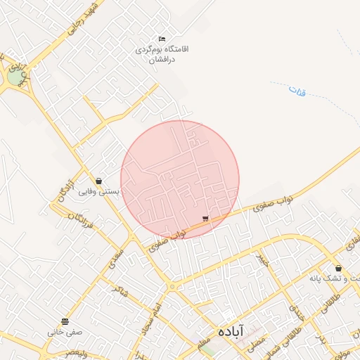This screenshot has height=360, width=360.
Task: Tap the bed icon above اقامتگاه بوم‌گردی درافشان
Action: click(162, 39)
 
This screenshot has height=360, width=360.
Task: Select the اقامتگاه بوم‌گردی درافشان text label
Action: click(162, 55)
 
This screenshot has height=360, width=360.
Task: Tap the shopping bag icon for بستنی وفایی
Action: click(98, 181)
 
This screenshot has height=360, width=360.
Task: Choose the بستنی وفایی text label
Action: click(98, 191)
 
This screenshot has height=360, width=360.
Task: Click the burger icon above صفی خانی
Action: click(65, 321)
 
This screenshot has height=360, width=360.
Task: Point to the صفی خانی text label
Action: click(65, 332)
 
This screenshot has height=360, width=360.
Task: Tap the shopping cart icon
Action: click(205, 219)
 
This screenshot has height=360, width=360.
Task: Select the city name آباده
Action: click(229, 330)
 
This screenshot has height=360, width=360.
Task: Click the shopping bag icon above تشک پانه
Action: click(338, 268)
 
